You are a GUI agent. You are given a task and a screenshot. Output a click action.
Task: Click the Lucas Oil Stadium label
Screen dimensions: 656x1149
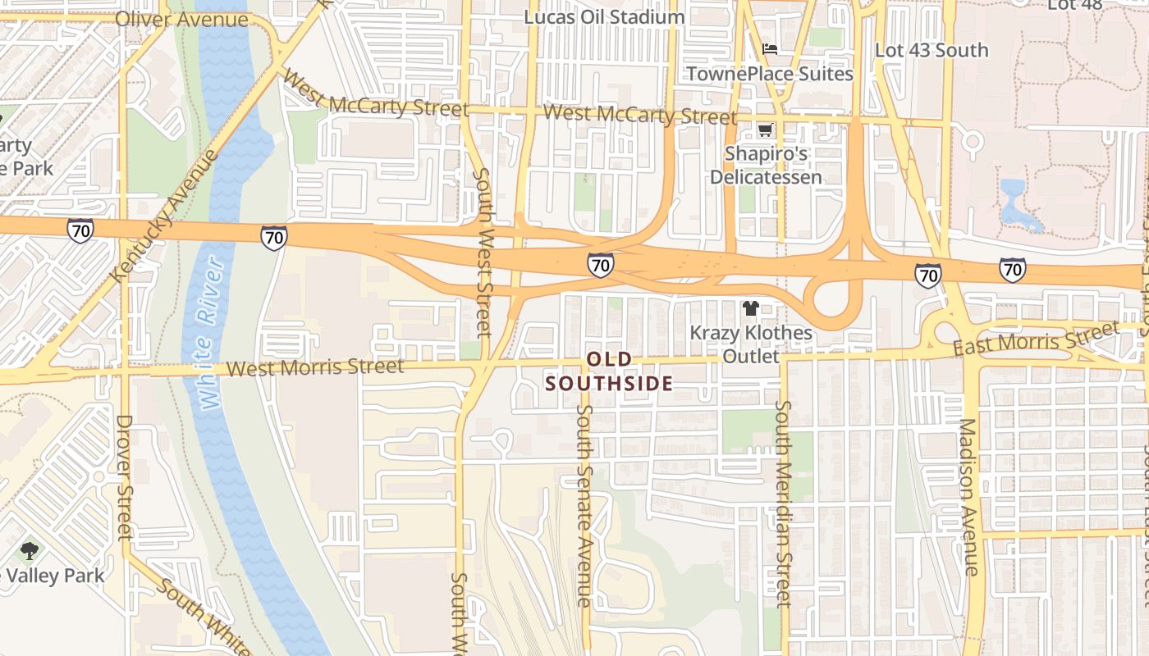click(x=604, y=16)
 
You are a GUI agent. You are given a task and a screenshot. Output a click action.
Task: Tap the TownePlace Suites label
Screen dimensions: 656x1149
click(x=769, y=74)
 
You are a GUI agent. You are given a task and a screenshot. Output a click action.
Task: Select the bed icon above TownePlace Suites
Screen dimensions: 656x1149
click(x=769, y=49)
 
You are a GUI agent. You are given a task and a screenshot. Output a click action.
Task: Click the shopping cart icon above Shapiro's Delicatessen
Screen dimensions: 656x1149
click(x=765, y=130)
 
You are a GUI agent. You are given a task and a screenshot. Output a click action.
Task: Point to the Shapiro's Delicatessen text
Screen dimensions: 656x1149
click(x=765, y=166)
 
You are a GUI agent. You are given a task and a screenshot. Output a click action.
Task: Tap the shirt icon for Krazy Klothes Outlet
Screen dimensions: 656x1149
click(x=750, y=308)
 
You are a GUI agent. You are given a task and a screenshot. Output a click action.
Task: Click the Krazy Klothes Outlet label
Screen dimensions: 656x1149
click(x=750, y=344)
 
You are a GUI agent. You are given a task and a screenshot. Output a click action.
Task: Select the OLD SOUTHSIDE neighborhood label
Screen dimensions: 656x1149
click(x=610, y=371)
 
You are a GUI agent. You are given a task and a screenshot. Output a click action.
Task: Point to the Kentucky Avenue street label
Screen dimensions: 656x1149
click(x=165, y=215)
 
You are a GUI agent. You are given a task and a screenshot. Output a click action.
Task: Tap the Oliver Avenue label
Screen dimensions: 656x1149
click(x=181, y=19)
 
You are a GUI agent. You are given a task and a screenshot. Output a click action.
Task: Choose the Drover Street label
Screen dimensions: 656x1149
click(x=124, y=477)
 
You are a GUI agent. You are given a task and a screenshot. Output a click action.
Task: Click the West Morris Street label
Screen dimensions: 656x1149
click(x=315, y=367)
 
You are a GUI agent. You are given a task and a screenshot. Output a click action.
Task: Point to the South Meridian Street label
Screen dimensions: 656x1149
click(x=783, y=503)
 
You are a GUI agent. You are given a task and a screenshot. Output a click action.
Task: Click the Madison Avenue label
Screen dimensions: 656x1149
click(x=968, y=497)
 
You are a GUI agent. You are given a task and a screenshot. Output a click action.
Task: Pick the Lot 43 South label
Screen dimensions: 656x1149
click(x=932, y=50)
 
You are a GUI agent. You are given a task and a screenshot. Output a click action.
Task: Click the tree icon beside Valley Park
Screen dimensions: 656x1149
click(x=30, y=551)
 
